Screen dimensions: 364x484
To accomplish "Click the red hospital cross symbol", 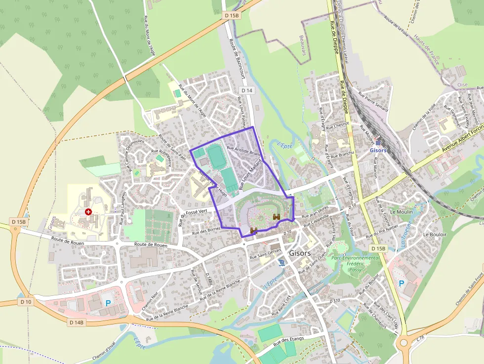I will tap(88, 212).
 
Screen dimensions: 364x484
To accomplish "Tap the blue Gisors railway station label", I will tap(377, 150).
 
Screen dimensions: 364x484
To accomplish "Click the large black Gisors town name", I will tap(300, 253).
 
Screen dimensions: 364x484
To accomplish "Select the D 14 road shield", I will tap(247, 90).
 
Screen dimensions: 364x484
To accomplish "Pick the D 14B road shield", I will tap(77, 323).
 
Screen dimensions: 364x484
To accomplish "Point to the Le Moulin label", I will tap(401, 211).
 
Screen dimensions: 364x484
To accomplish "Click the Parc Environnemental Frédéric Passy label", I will tap(356, 264).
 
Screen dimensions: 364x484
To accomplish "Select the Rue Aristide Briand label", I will tap(243, 150).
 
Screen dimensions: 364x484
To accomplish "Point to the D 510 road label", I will tap(335, 300).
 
